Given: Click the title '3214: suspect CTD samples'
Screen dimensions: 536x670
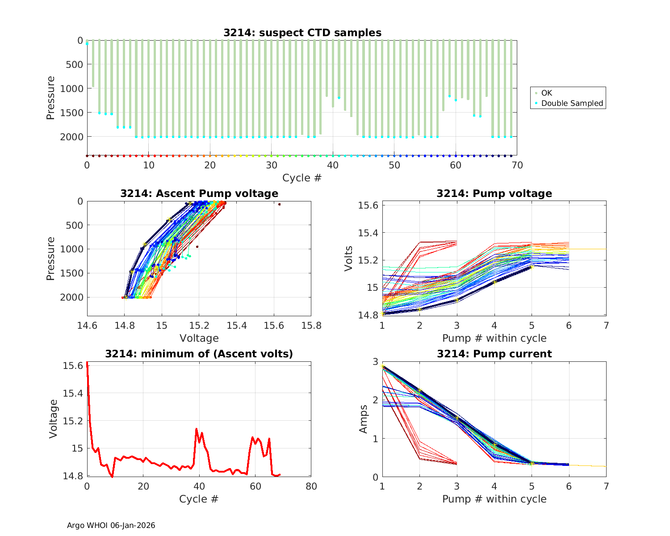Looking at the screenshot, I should (x=302, y=33).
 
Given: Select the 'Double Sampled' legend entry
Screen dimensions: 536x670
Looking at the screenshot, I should (x=572, y=103).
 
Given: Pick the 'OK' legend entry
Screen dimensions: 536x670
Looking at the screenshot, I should (x=546, y=93).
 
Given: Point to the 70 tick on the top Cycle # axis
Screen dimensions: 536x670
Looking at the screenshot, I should (x=517, y=165).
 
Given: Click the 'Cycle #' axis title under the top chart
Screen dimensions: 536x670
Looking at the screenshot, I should (x=302, y=178).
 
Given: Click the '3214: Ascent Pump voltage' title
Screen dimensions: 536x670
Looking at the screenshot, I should (x=199, y=193).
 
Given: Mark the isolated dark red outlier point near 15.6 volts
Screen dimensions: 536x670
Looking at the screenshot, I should (x=279, y=204).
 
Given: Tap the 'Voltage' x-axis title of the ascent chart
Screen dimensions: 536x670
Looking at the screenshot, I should (x=199, y=338).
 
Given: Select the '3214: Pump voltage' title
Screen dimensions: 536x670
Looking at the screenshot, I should (x=494, y=193).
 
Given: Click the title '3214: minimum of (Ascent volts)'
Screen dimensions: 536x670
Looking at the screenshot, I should (x=199, y=354).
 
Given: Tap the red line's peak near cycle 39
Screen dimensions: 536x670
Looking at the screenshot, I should (x=196, y=429).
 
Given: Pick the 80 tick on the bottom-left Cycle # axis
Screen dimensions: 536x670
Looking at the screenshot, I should (x=311, y=486).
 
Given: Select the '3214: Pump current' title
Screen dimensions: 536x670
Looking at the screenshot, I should (x=494, y=354).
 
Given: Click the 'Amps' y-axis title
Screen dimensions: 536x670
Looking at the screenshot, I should (x=364, y=419).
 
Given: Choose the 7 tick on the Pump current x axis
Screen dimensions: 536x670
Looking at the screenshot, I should (x=606, y=486).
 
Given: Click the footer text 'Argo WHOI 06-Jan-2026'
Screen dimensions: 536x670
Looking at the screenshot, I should (x=111, y=525).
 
